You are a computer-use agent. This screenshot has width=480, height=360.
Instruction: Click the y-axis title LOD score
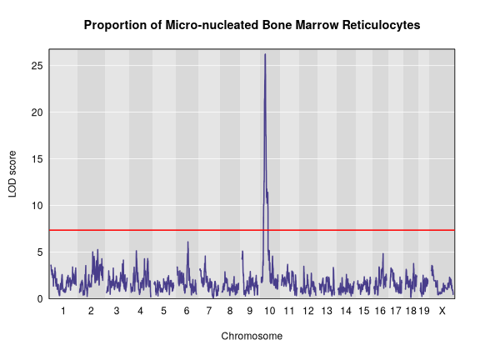[12, 174]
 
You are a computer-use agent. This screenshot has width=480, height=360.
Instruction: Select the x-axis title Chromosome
[252, 337]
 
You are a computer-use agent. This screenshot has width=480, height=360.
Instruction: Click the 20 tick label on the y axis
[39, 112]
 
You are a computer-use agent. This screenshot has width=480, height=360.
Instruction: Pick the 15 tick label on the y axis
[39, 158]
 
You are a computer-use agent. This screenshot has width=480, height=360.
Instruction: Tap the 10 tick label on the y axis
[39, 205]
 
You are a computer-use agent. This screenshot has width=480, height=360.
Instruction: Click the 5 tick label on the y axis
[42, 252]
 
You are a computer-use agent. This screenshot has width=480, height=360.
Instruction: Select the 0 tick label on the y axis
[42, 298]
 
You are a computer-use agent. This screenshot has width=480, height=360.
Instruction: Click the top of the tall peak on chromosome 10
[265, 55]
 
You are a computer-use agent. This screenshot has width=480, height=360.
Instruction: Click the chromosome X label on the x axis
[442, 311]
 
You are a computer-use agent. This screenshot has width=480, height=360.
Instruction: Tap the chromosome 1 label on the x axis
[63, 311]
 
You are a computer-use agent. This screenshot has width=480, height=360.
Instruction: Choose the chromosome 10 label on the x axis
[269, 311]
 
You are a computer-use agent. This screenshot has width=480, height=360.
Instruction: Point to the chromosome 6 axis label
[187, 311]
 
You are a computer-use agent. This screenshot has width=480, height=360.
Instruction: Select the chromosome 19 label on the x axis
[423, 311]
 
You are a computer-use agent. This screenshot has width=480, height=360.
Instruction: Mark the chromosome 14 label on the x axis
[345, 311]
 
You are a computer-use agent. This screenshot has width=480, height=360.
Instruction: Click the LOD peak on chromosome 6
[188, 242]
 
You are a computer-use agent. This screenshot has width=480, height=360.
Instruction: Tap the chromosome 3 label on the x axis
[117, 311]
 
